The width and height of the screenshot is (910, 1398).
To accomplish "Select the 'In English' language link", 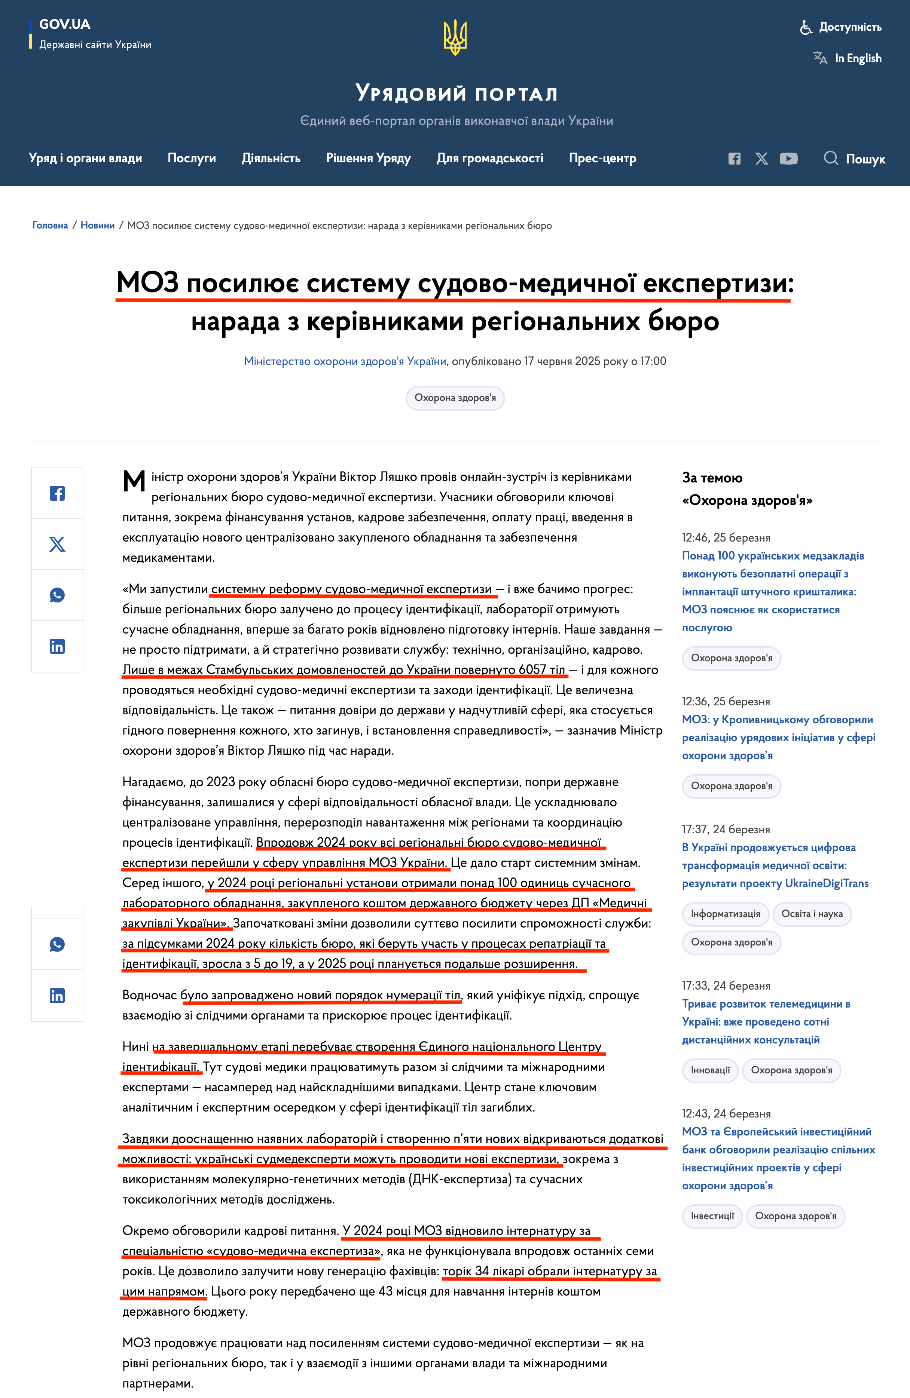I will pyautogui.click(x=858, y=58).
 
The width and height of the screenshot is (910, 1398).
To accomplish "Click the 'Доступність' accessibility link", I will pyautogui.click(x=849, y=27).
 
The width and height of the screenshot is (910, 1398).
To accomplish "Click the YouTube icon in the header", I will pyautogui.click(x=788, y=159).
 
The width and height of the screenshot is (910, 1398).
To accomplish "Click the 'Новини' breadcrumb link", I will pyautogui.click(x=98, y=226).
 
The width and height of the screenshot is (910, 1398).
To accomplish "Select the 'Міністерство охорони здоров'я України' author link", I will pyautogui.click(x=345, y=361).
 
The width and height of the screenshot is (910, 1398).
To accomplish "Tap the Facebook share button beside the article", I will pyautogui.click(x=57, y=493).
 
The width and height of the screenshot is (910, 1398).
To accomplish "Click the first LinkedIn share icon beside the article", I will pyautogui.click(x=57, y=646).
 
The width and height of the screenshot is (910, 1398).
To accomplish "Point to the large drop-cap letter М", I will pyautogui.click(x=134, y=482).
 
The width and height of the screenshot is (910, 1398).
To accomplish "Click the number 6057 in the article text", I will pyautogui.click(x=532, y=669).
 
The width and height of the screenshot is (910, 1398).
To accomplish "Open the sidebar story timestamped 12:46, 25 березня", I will pyautogui.click(x=772, y=591).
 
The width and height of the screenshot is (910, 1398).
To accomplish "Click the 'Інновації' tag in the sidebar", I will pyautogui.click(x=710, y=1070).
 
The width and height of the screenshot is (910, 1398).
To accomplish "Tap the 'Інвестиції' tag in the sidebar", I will pyautogui.click(x=712, y=1216).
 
